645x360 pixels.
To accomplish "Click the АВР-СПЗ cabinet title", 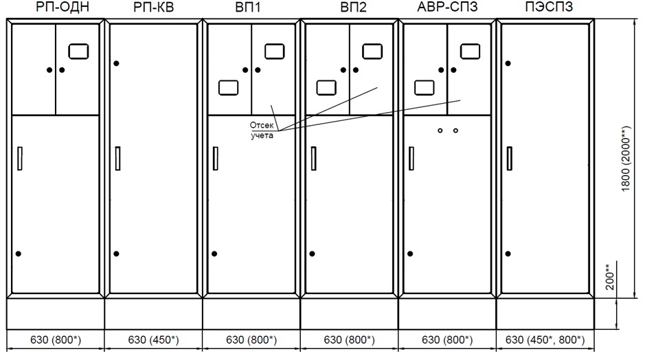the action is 449,8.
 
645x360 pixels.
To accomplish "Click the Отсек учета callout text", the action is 262,130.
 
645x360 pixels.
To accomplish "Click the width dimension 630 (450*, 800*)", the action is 545,339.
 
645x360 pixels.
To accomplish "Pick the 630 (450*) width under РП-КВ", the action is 154,339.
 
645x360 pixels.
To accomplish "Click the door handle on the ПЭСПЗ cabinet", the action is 509,159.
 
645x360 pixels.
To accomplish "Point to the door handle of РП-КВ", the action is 118,159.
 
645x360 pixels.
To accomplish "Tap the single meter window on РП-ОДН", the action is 80,51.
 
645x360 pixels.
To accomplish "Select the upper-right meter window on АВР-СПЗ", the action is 471,51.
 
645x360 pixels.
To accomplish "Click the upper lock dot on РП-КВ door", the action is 117,63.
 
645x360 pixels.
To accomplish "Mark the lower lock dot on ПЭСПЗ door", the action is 508,254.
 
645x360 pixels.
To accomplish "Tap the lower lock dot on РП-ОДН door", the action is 19,254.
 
